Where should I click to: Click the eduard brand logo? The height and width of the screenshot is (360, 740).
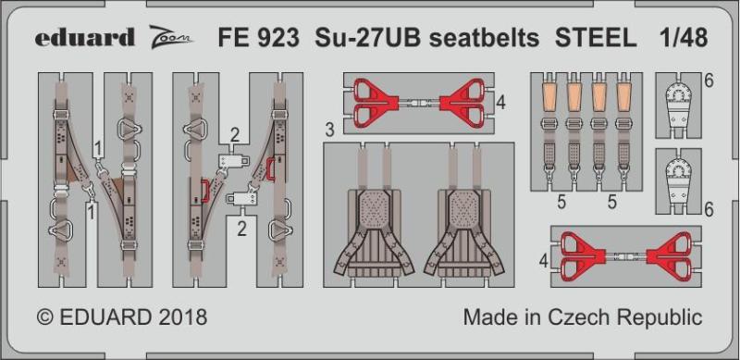pos(84,37)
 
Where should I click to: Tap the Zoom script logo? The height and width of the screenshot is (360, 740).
pos(172,37)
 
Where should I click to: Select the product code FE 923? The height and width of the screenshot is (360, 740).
pos(258,38)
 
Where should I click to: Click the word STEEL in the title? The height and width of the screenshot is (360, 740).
pos(596,38)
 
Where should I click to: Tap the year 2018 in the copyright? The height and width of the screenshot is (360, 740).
pos(183,317)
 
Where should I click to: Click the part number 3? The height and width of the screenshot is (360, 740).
pos(330,130)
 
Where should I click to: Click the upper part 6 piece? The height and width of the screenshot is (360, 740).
pos(678,107)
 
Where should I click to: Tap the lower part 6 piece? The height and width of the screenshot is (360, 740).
pos(678,184)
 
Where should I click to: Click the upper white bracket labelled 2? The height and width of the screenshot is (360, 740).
pos(235,161)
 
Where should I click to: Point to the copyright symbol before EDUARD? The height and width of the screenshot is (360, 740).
pos(44,317)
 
